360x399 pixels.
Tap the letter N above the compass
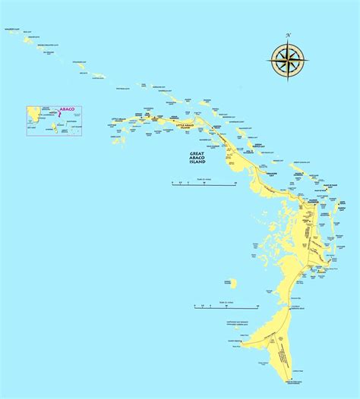288,35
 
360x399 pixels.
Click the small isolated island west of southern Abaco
229,283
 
